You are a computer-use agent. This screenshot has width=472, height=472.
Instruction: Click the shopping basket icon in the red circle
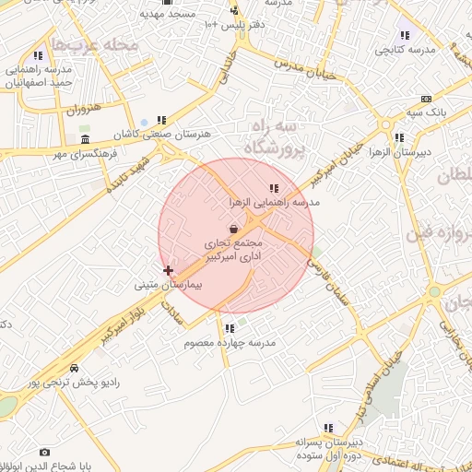click(234, 228)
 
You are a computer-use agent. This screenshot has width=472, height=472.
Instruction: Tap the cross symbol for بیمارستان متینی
click(168, 270)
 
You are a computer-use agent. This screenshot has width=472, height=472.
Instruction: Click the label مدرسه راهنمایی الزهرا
click(274, 200)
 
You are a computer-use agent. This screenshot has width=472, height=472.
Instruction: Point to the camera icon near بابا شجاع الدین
click(44, 452)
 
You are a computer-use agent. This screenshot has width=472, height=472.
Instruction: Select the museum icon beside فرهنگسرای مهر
click(86, 139)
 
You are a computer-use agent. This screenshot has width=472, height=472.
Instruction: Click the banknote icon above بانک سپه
click(425, 99)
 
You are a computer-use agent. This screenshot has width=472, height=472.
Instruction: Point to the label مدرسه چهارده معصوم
click(230, 342)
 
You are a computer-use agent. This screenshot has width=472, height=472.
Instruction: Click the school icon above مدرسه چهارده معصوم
click(229, 328)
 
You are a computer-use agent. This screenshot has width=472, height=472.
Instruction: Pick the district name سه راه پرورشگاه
click(274, 136)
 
